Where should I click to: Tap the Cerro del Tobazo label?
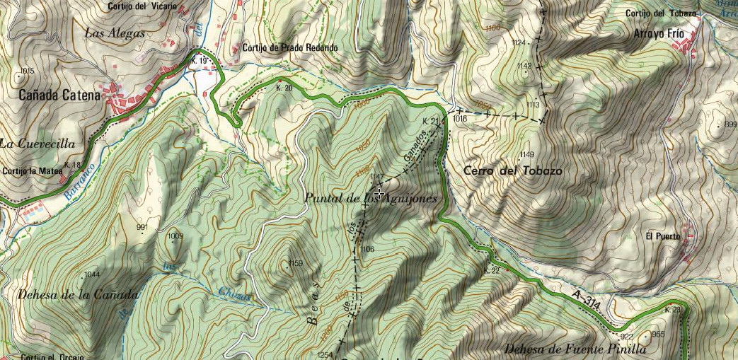[513, 171]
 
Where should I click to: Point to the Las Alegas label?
[115, 33]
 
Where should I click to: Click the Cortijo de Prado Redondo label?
[290, 48]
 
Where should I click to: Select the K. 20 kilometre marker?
[284, 88]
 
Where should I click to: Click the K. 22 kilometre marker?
[492, 270]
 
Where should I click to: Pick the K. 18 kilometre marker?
[72, 165]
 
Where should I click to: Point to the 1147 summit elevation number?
[376, 177]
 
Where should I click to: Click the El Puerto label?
[663, 236]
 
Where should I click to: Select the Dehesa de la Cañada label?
[70, 294]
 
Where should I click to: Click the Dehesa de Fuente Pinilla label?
[576, 349]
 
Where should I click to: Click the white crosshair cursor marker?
[379, 193]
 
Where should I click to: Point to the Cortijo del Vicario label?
[142, 6]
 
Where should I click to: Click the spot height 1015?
[28, 71]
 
